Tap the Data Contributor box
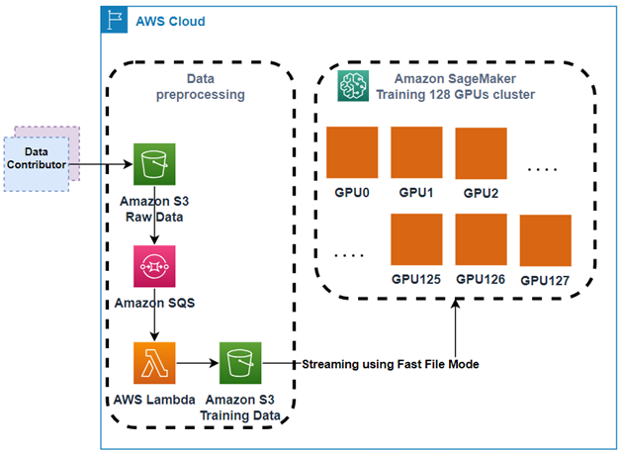click(x=37, y=158)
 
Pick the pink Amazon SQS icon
click(x=153, y=266)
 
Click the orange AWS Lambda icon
click(x=153, y=364)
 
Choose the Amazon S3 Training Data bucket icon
click(x=238, y=364)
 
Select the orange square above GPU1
click(x=416, y=150)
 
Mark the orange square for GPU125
click(x=416, y=238)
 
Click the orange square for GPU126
click(x=481, y=238)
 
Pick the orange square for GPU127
click(x=546, y=240)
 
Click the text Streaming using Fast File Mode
click(x=390, y=364)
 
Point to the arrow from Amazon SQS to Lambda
click(x=153, y=323)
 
